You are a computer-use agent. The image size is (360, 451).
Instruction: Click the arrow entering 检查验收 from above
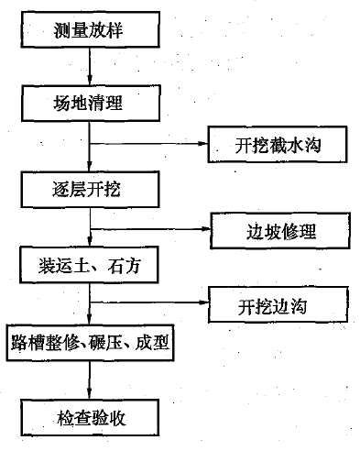pos(89,379)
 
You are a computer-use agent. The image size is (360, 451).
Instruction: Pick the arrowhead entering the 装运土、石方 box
pos(89,247)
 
